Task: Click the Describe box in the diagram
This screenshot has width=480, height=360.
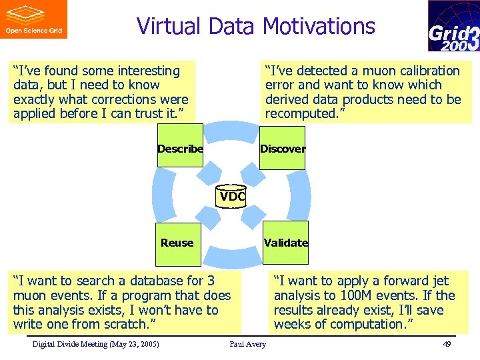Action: tap(180, 148)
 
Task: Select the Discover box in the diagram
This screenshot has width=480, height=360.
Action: tap(283, 148)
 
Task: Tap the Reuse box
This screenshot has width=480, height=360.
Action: tap(177, 243)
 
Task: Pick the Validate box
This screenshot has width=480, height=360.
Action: tap(286, 243)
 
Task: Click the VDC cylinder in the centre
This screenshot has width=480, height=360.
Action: tap(232, 197)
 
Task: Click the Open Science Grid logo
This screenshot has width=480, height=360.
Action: tap(33, 19)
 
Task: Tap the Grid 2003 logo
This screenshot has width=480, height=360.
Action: tap(453, 26)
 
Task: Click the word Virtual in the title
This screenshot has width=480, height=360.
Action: tap(169, 26)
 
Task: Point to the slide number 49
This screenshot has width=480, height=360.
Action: tap(447, 344)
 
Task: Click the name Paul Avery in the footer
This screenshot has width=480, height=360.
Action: tap(247, 344)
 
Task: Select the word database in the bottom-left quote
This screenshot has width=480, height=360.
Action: tap(162, 281)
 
